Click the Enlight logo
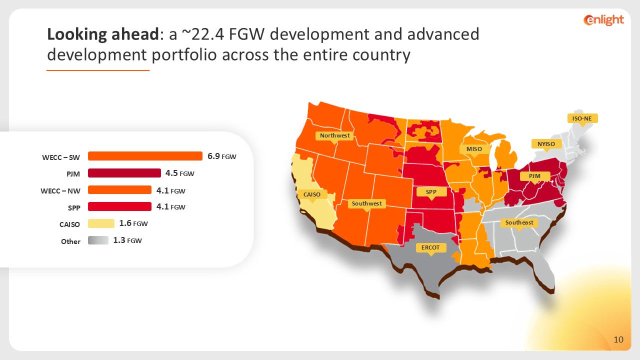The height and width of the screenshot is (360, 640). (603, 20)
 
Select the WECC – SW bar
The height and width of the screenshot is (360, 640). (145, 156)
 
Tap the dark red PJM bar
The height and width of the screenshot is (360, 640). (124, 173)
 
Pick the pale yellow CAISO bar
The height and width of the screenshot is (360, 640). (101, 223)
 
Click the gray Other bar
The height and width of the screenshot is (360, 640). (98, 240)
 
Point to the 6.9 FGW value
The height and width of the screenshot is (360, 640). (221, 156)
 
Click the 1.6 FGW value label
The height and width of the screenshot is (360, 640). (133, 223)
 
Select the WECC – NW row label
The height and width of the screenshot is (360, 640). (60, 191)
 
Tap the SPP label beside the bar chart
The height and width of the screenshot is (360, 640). (74, 207)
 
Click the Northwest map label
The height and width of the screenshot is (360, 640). (334, 135)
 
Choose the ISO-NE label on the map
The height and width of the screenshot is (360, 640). (582, 118)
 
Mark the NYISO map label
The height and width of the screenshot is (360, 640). (546, 144)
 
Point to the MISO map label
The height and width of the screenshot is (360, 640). (474, 149)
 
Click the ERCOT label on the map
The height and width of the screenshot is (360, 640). (430, 247)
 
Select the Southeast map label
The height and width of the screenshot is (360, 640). (519, 222)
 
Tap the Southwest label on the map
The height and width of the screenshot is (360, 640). (367, 203)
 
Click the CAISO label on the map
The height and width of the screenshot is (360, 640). (312, 194)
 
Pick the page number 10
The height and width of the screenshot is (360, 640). (618, 339)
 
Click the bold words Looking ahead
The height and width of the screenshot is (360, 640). (103, 34)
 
